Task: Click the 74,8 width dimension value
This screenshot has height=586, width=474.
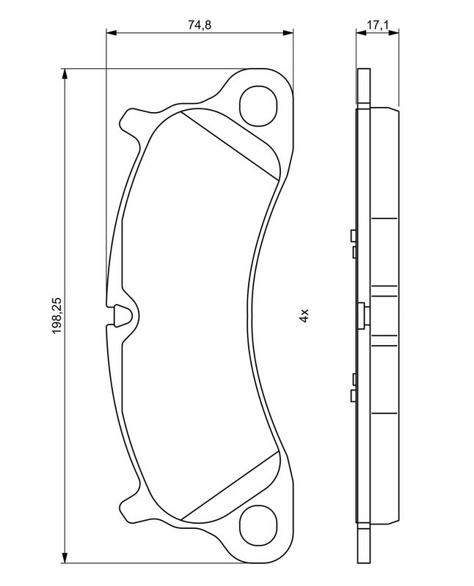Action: click(200, 25)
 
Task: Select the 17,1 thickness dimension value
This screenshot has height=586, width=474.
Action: click(378, 25)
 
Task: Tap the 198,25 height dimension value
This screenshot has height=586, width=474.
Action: click(57, 316)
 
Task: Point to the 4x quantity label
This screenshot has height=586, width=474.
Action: click(304, 316)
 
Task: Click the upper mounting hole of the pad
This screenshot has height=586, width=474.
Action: click(258, 106)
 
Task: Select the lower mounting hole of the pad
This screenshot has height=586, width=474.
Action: click(258, 525)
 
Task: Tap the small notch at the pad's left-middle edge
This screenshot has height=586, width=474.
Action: click(123, 316)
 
